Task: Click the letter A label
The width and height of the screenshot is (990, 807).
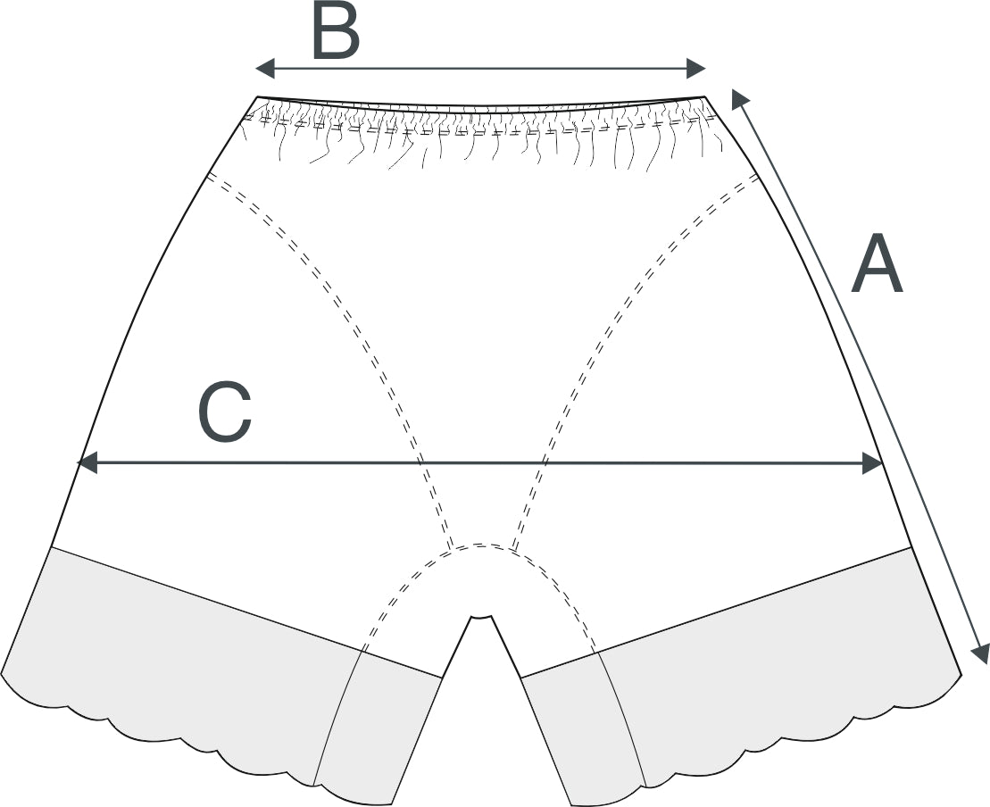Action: tap(876, 265)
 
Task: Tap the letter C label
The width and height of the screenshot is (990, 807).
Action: tap(224, 413)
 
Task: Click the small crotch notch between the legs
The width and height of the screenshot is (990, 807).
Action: tap(481, 616)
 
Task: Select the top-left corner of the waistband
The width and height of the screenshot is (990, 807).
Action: tap(258, 96)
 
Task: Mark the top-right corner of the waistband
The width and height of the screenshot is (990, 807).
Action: tap(704, 96)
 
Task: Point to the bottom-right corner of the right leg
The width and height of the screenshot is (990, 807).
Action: tap(961, 672)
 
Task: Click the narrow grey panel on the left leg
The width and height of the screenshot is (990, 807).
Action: tap(375, 723)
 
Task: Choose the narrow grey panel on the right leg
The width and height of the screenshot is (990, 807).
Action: tap(585, 723)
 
